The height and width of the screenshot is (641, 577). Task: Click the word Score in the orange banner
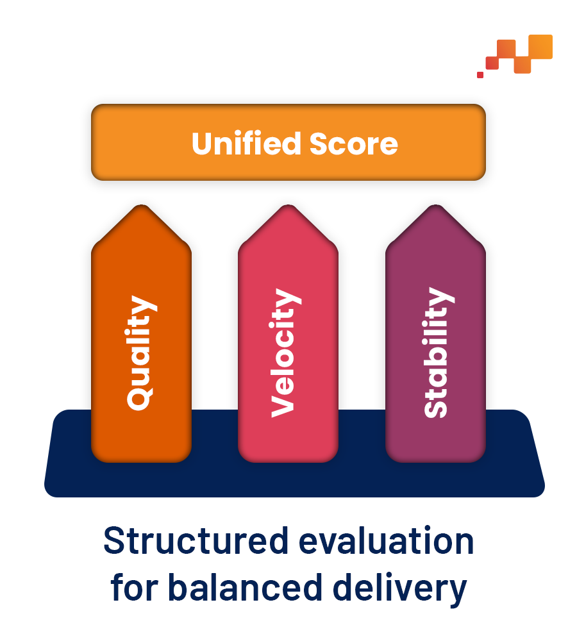click(x=353, y=144)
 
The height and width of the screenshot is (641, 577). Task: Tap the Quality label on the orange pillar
click(x=142, y=353)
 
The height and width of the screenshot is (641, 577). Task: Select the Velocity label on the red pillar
click(x=286, y=353)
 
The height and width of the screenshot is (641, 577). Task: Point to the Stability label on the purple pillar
click(x=439, y=353)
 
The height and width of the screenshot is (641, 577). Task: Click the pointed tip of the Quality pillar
click(x=142, y=205)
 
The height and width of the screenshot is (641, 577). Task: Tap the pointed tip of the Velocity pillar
click(x=288, y=205)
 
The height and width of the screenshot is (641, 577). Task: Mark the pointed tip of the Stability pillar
click(x=435, y=205)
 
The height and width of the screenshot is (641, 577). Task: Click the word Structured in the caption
click(x=196, y=540)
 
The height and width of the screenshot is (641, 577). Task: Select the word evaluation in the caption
click(x=387, y=540)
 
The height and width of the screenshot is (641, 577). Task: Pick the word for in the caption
click(x=134, y=587)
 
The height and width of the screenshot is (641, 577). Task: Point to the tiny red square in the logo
click(x=480, y=75)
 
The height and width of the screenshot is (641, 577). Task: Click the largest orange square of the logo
click(x=540, y=47)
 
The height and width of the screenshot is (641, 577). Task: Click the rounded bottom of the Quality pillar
click(x=142, y=461)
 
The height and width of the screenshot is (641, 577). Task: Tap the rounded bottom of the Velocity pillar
click(x=288, y=461)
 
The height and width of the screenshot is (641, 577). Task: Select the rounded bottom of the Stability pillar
click(x=435, y=461)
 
